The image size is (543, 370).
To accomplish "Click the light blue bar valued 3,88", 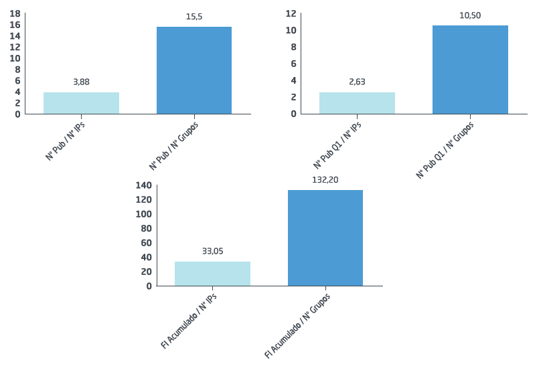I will [x=81, y=103].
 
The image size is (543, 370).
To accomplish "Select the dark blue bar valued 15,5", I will [x=194, y=70].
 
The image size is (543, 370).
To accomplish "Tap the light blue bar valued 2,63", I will [x=357, y=102].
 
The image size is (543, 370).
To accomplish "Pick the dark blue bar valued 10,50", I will [x=470, y=70].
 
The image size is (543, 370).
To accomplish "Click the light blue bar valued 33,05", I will [x=212, y=274].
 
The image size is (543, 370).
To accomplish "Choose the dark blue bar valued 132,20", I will [x=325, y=238].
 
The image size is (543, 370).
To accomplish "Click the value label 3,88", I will [x=81, y=82].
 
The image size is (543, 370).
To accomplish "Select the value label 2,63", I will [x=357, y=82].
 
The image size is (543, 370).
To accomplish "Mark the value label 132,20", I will [x=325, y=180].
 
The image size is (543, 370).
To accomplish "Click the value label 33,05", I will [x=212, y=251].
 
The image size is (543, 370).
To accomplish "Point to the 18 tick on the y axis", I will [x=15, y=13].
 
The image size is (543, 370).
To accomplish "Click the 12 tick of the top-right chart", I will [x=291, y=13].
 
